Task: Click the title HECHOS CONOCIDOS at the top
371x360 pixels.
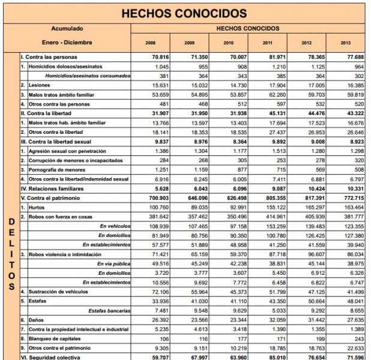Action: click(x=184, y=13)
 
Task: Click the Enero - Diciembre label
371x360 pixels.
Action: click(x=67, y=43)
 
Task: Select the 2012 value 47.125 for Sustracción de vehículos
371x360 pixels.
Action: click(x=307, y=291)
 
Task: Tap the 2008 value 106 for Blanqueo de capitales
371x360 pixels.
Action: click(x=158, y=338)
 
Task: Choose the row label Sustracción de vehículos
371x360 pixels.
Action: click(x=63, y=291)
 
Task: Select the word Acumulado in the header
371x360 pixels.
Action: click(x=67, y=28)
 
